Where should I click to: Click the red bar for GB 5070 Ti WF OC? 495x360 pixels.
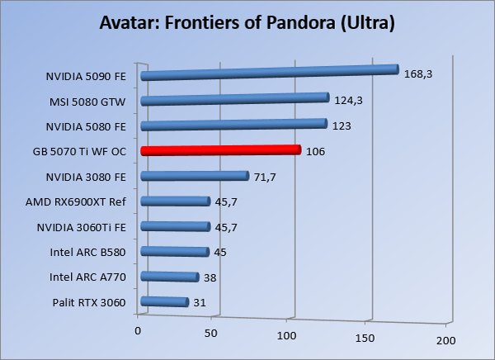[220, 150]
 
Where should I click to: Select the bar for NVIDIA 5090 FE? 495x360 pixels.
[269, 73]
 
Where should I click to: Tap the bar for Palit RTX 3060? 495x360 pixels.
[165, 302]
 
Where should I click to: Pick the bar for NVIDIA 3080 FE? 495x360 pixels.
[195, 175]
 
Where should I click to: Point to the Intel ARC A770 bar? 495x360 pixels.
[170, 277]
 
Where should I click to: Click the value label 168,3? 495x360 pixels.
[418, 74]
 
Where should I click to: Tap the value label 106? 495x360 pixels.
[315, 151]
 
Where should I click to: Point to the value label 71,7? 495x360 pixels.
[265, 177]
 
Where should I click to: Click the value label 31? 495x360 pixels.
[199, 303]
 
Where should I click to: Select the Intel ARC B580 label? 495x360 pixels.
[88, 252]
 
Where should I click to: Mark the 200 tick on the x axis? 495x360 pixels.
[446, 340]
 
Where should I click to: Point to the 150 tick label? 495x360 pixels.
[365, 337]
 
